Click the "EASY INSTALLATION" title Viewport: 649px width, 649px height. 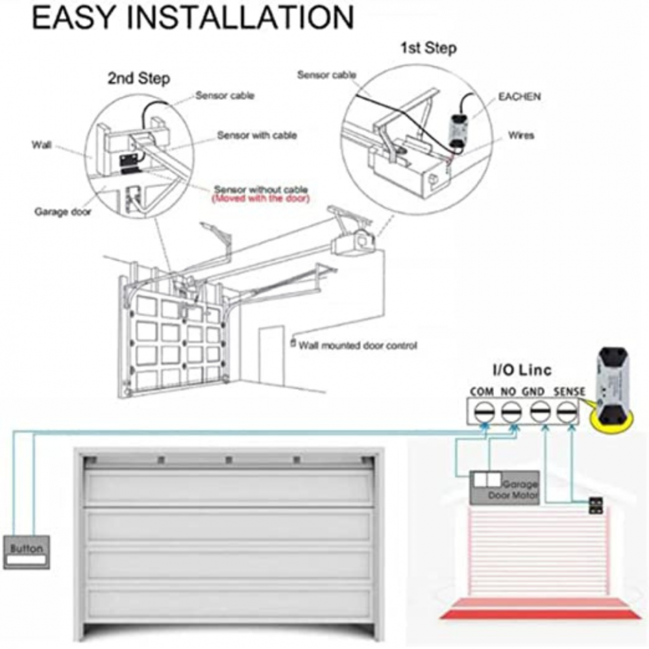(x=193, y=17)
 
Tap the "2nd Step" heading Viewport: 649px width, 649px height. (x=139, y=79)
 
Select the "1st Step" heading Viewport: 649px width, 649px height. (x=429, y=48)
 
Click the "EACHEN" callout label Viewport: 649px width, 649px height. (x=519, y=97)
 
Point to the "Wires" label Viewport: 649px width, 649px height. (x=521, y=136)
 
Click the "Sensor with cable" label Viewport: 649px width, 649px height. (x=257, y=136)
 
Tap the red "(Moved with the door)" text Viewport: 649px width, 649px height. (x=261, y=199)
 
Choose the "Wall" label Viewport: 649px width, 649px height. (x=42, y=145)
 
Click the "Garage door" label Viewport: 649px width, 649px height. (x=63, y=212)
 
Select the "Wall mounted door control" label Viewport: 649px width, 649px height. (x=358, y=345)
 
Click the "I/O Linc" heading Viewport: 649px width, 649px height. (x=522, y=370)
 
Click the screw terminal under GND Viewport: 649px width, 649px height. (x=540, y=412)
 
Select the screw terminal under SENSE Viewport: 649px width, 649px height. (x=566, y=412)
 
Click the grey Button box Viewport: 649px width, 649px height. (x=27, y=552)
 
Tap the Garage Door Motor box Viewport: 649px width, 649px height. (x=504, y=487)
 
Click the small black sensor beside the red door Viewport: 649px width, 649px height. (x=596, y=506)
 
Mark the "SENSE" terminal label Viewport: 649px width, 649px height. (x=570, y=391)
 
